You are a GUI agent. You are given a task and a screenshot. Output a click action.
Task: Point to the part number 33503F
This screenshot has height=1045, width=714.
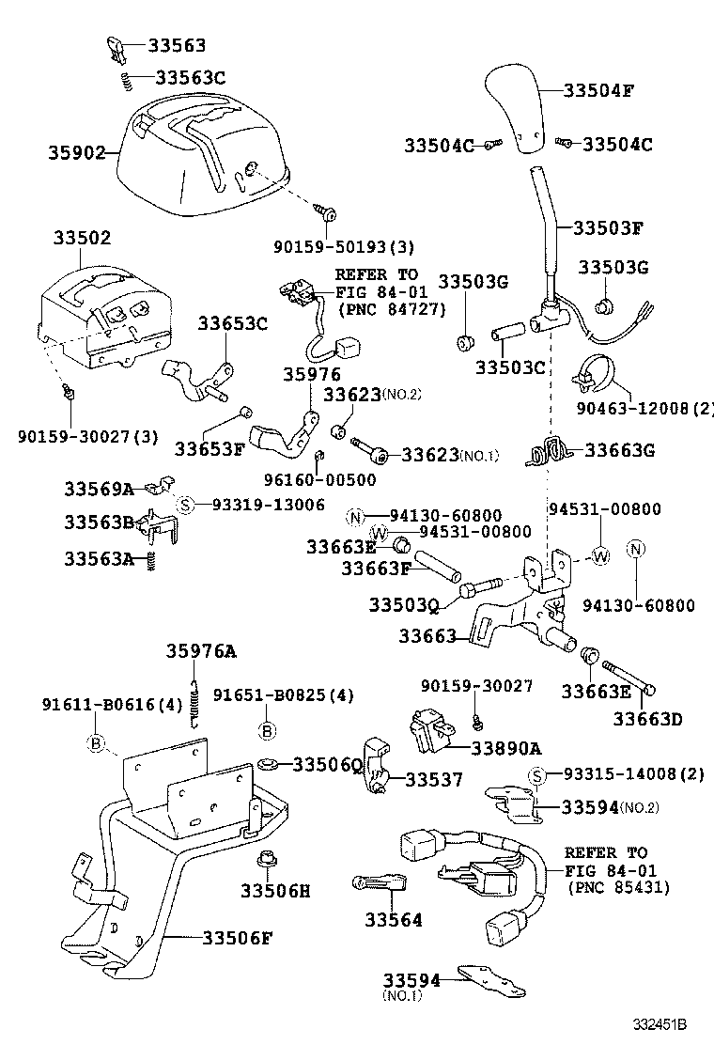point(608,227)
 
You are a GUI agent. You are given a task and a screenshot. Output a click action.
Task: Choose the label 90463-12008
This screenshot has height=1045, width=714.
point(645,409)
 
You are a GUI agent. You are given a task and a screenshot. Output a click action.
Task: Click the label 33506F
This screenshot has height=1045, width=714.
point(238,937)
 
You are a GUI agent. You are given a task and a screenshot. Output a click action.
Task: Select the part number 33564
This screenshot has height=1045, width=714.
point(394,920)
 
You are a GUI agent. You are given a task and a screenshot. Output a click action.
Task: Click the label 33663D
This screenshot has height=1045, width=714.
point(647,719)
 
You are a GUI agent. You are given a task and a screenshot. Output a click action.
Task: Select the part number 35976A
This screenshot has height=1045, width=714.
point(202,651)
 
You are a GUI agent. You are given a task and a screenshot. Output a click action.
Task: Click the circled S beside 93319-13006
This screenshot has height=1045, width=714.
point(186,506)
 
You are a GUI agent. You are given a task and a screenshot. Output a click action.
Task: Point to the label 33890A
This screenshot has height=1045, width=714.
point(506,748)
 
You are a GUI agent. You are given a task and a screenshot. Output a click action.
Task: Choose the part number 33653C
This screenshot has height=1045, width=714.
point(232,324)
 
